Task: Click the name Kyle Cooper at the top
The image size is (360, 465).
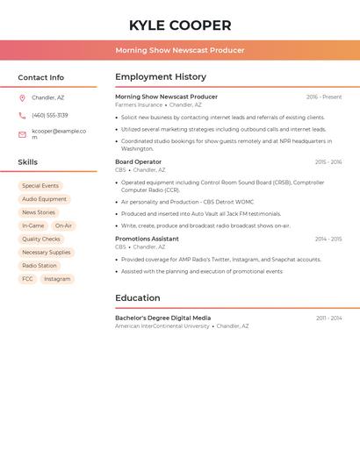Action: coord(180,25)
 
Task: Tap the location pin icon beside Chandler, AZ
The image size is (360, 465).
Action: coord(22,98)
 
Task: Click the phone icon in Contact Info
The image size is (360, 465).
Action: coord(22,115)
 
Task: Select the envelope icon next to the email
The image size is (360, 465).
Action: coord(22,134)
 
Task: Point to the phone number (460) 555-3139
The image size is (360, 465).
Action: coord(50,115)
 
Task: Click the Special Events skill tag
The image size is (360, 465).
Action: coord(40,186)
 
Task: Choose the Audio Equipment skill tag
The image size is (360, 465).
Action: coord(44,199)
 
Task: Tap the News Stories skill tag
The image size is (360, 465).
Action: coord(39,212)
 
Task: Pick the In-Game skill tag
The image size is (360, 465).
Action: coord(33,225)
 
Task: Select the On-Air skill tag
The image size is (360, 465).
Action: coord(63,225)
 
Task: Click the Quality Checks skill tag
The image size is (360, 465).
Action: coord(41,239)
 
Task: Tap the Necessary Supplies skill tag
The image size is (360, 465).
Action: coord(47,253)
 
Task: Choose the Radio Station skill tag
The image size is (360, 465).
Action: coord(40,266)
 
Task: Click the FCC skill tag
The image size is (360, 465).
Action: coord(27,279)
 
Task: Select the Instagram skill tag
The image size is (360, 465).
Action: coord(57,279)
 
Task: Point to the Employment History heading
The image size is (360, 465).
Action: coord(161,77)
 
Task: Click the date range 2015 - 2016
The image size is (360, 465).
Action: coord(328,162)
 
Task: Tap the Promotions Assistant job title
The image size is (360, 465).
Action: coord(147,239)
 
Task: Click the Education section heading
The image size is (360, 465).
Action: coord(138,298)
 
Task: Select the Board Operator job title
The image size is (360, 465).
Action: coord(138,162)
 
